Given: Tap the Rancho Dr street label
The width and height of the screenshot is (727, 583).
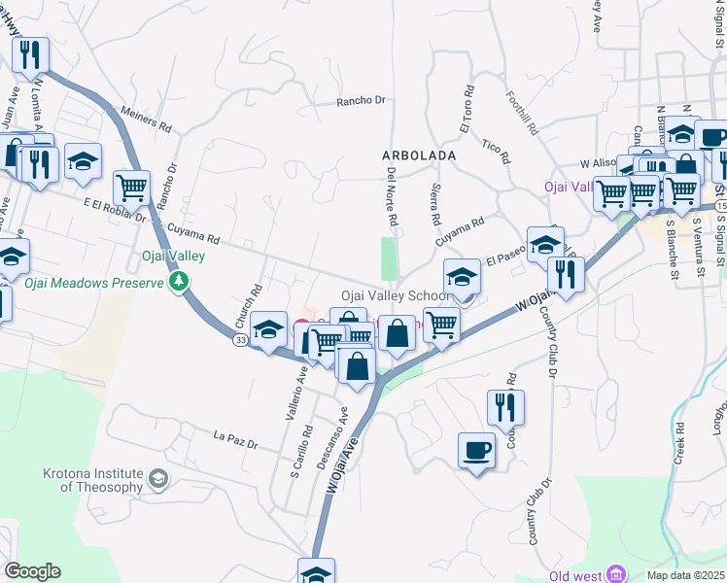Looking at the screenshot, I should point(362,100).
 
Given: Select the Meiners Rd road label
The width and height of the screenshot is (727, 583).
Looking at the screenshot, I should point(147,120).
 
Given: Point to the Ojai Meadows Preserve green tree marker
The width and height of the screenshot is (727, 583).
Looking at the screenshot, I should point(178,282).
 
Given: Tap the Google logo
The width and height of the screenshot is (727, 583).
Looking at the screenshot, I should point(32,571).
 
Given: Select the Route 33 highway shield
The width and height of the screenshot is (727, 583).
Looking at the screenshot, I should point(239,340).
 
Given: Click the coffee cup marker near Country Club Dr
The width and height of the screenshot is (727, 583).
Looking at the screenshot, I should point(476,451).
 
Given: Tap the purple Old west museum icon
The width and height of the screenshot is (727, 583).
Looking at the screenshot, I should point(614,575).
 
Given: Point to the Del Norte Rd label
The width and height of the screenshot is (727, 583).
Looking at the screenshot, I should point(392,195).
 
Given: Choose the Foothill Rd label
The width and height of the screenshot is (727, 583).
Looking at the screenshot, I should point(522,113).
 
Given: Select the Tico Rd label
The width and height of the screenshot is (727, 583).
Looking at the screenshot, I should point(495,147).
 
